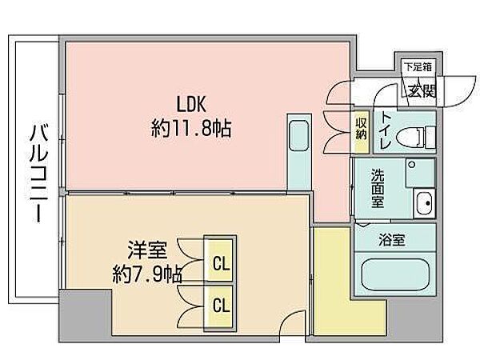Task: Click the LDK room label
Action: (191, 104)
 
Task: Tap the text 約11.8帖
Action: (191, 128)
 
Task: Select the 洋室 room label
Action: (147, 250)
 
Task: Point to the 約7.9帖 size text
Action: (147, 274)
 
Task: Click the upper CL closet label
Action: (221, 263)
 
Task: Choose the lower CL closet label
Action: (221, 305)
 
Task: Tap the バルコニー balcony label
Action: (39, 173)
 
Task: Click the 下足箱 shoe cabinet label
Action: (418, 66)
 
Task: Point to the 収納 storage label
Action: (362, 129)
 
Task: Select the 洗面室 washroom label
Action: (378, 188)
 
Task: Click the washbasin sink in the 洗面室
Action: (424, 203)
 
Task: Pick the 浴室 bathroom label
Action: (392, 240)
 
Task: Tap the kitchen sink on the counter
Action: (298, 136)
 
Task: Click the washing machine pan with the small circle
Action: (420, 172)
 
